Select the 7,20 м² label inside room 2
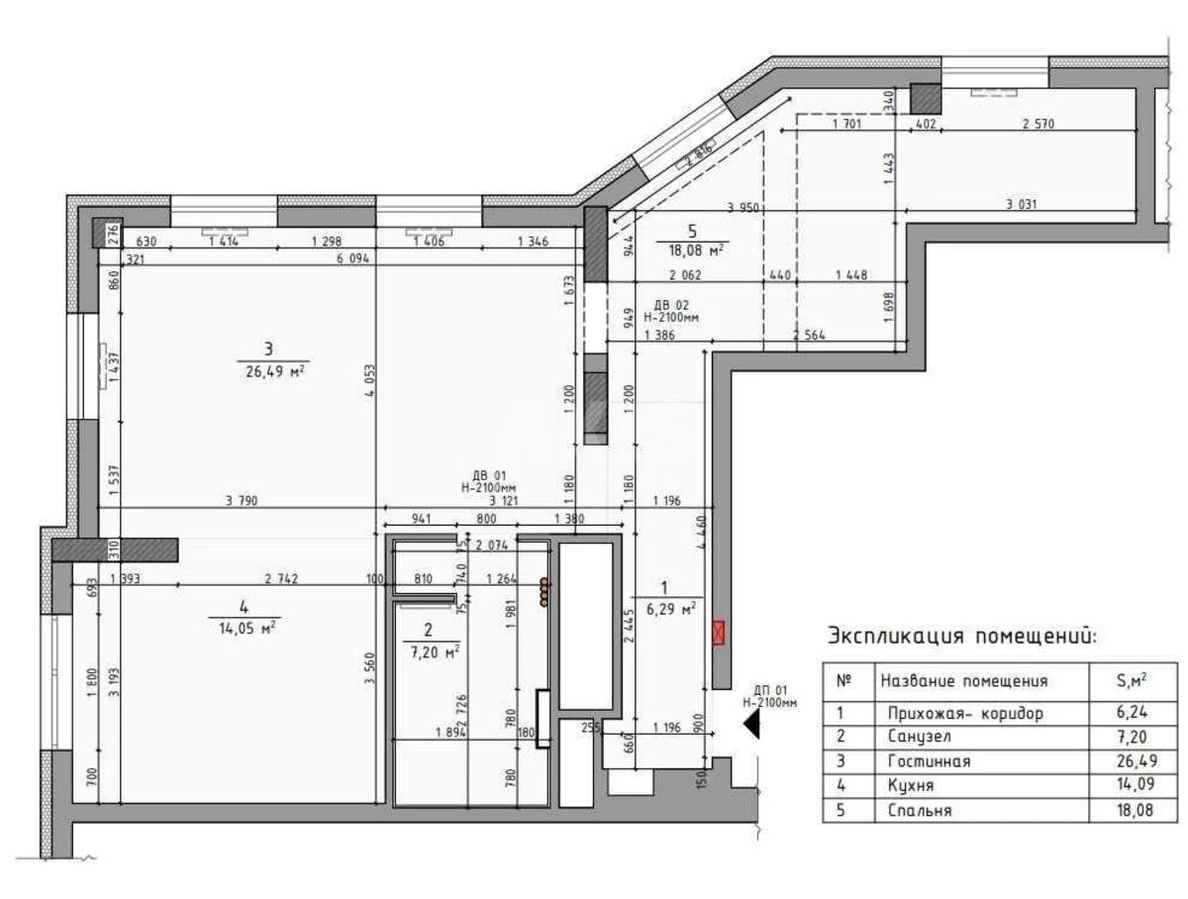[429, 651]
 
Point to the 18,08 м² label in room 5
[692, 250]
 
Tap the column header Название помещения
[963, 681]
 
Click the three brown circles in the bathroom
[543, 592]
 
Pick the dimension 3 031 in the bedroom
[1022, 205]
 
